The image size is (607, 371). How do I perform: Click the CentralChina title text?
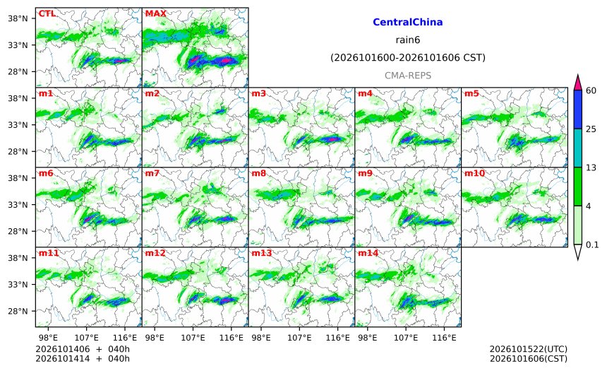(x=408, y=22)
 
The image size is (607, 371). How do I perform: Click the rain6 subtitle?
(x=408, y=40)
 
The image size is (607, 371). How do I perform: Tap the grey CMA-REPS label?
(x=408, y=76)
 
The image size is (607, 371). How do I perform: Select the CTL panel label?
(x=47, y=13)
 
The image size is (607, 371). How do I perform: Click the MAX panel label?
(x=155, y=13)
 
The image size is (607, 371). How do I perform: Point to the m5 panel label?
(x=471, y=93)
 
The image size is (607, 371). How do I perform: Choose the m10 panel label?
(x=474, y=173)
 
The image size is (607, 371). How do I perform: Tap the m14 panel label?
(x=368, y=253)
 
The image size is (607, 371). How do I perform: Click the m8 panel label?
(x=258, y=173)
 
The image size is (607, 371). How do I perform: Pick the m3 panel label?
(x=258, y=93)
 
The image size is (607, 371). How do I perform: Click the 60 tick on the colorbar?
(x=591, y=90)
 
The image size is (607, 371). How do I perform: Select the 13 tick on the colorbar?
(x=591, y=168)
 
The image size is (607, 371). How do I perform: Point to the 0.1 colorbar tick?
(x=592, y=245)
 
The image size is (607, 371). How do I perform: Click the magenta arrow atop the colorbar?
(x=577, y=83)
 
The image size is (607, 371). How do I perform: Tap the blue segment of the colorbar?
(x=577, y=110)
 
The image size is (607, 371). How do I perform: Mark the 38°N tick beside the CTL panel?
(x=18, y=18)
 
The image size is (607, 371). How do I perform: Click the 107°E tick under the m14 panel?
(x=406, y=338)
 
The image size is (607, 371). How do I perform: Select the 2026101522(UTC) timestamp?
(x=529, y=349)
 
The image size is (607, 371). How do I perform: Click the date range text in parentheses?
(x=408, y=58)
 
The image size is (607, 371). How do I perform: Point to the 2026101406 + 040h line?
(x=83, y=349)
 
